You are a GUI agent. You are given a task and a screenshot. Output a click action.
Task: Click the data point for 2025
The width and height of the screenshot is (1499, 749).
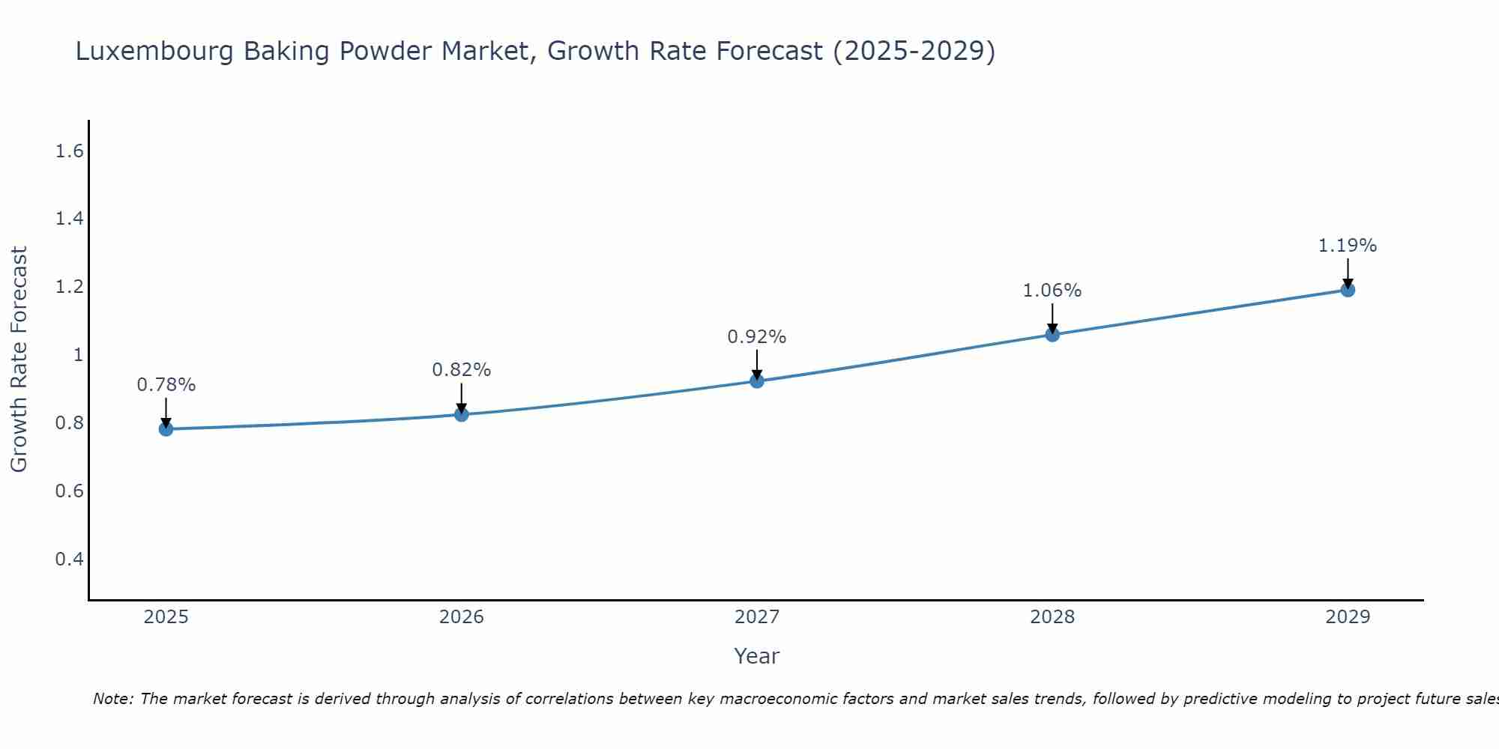coord(166,429)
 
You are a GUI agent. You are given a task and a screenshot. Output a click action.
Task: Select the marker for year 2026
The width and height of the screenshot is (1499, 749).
coord(462,414)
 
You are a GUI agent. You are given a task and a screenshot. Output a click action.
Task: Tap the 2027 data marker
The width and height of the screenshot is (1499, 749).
coord(757,381)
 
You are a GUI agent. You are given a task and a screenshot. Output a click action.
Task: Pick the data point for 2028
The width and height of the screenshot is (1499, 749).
coord(1052,335)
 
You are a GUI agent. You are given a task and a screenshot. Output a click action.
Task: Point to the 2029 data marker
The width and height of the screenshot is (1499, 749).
coord(1348,290)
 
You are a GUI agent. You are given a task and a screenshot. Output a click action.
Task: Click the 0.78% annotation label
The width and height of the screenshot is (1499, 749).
coord(166,385)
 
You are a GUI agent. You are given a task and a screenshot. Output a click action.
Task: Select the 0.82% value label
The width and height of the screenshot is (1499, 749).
coord(462,370)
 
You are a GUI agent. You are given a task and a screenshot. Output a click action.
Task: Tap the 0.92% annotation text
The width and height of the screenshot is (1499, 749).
coord(757,337)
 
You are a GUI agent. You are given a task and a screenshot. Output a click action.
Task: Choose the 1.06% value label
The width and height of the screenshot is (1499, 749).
coord(1052,291)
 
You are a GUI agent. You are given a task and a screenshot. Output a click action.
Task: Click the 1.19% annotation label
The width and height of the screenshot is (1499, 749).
coord(1348,246)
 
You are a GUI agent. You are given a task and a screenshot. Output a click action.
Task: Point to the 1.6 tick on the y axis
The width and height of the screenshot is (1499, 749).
coord(69,151)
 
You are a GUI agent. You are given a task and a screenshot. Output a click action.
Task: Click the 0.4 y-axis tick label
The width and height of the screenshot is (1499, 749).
coord(69,560)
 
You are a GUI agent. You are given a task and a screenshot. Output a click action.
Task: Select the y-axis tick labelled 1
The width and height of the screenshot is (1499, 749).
coord(78,355)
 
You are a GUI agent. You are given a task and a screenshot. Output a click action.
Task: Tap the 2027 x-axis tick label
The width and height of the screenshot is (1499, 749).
coord(757,617)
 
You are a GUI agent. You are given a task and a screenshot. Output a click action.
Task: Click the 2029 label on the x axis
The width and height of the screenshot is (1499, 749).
coord(1348,617)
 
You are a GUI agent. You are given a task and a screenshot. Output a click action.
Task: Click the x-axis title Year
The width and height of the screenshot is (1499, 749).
coord(757,656)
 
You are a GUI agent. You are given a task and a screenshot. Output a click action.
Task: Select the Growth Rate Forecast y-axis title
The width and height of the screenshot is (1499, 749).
coord(19,360)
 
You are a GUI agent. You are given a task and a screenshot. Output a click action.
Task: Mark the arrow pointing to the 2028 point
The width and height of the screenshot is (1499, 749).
coord(1052,318)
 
